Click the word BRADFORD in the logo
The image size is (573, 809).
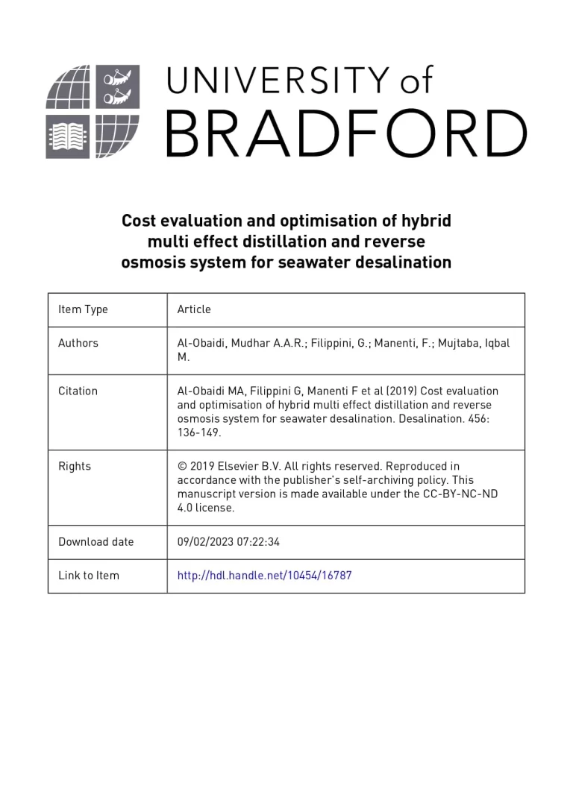coord(345,133)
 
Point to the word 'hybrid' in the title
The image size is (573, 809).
coord(426,221)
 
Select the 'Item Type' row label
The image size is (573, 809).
coord(83,309)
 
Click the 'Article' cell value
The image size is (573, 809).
coord(194,309)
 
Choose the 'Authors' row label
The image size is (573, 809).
coord(78,343)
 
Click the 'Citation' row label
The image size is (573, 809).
coord(78,391)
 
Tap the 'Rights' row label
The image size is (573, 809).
coord(75,466)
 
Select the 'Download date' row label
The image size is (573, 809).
coord(96,542)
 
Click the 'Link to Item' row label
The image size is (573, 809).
coord(89,576)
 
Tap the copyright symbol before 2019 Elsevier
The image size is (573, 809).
coord(181,466)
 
